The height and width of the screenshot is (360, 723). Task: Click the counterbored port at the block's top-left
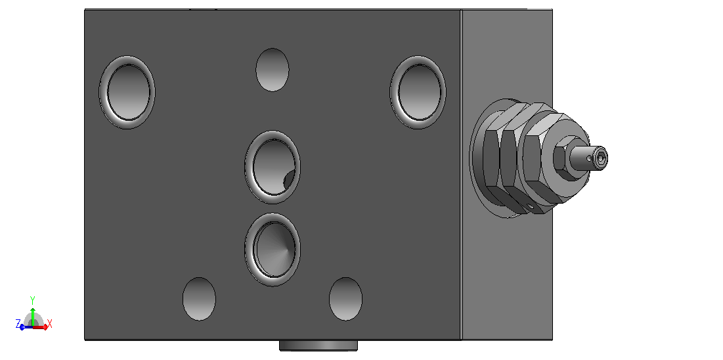(127, 93)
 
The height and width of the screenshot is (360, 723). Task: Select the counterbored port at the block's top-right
(418, 93)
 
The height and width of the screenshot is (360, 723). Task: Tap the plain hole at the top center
(272, 70)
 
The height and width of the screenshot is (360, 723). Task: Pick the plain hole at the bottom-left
(199, 299)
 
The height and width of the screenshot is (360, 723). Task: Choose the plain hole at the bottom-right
(345, 299)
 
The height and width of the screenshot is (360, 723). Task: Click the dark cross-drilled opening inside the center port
(290, 180)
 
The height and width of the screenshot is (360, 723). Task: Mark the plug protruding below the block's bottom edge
(318, 346)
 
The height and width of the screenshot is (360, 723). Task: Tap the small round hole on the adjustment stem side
(589, 159)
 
